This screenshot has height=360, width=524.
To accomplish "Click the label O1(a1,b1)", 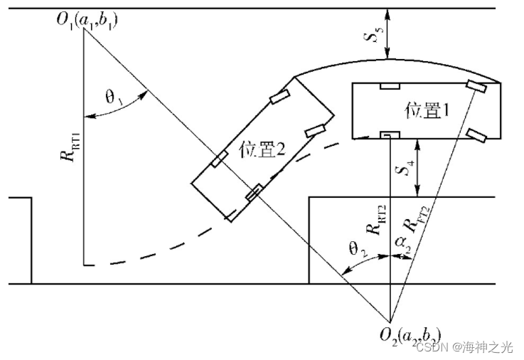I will pyautogui.click(x=87, y=19).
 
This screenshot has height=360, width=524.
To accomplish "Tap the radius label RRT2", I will pyautogui.click(x=371, y=218).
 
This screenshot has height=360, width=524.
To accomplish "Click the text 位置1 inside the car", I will pyautogui.click(x=426, y=110).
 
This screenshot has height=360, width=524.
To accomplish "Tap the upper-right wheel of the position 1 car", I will pyautogui.click(x=476, y=86).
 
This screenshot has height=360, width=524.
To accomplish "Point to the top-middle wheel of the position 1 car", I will pyautogui.click(x=389, y=86).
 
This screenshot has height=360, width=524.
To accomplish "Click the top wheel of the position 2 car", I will pyautogui.click(x=277, y=97).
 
